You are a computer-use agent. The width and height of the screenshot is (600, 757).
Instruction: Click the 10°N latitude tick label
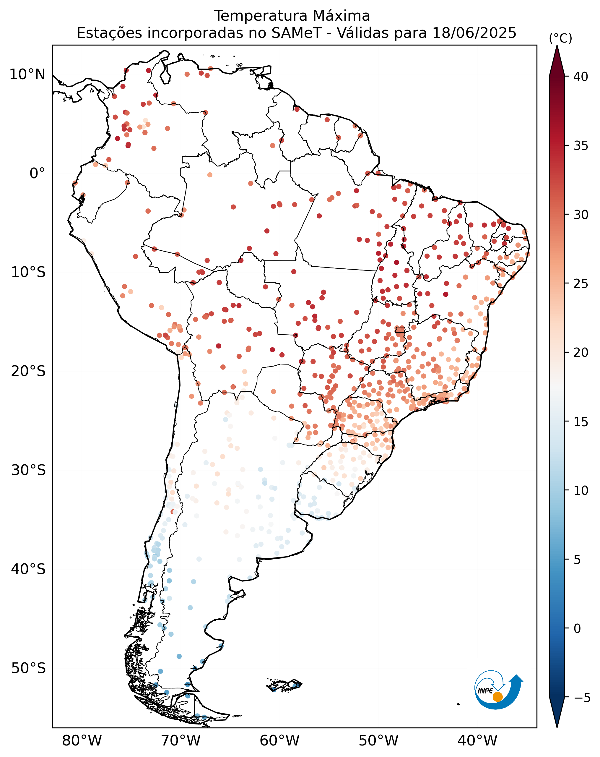click(x=27, y=74)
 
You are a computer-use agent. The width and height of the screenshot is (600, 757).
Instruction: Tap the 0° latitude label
click(x=37, y=173)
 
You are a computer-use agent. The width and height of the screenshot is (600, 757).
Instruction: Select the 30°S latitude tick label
click(x=28, y=470)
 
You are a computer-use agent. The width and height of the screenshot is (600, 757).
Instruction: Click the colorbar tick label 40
click(x=581, y=77)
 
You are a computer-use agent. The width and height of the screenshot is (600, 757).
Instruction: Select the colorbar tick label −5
click(x=582, y=698)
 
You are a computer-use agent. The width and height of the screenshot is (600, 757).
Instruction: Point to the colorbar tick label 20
click(x=581, y=353)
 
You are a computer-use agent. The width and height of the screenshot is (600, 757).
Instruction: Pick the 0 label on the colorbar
click(x=577, y=629)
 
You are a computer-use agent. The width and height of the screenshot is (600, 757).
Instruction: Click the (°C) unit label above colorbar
click(x=560, y=38)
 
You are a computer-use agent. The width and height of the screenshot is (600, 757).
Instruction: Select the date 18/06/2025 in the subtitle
click(x=474, y=33)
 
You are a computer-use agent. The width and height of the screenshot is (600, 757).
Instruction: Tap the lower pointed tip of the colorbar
click(x=557, y=727)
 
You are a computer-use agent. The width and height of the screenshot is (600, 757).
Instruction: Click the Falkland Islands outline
click(x=284, y=685)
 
